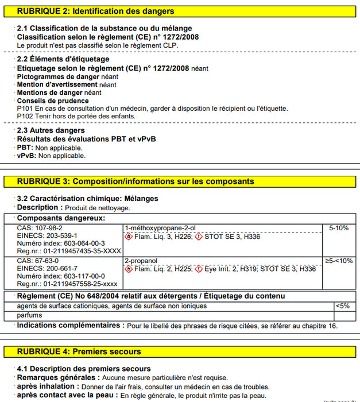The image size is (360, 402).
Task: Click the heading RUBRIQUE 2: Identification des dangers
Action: pyautogui.click(x=95, y=11)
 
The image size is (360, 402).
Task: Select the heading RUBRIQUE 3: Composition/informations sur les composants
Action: pyautogui.click(x=135, y=181)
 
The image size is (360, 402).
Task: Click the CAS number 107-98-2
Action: pyautogui.click(x=40, y=228)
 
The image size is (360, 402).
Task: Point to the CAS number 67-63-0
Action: pyautogui.click(x=37, y=261)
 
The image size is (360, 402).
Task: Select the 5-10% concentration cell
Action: pyautogui.click(x=338, y=228)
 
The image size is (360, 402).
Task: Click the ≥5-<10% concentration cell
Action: pyautogui.click(x=338, y=261)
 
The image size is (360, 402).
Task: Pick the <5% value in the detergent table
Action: pyautogui.click(x=342, y=306)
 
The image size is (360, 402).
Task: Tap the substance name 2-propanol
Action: pyautogui.click(x=141, y=261)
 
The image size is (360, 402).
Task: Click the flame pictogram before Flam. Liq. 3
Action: pyautogui.click(x=129, y=236)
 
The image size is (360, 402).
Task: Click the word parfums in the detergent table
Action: pyautogui.click(x=29, y=315)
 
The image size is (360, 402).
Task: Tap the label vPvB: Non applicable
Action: pyautogui.click(x=51, y=155)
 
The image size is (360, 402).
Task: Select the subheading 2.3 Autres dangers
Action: pyautogui.click(x=51, y=130)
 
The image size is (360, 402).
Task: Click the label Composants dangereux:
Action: pyautogui.click(x=60, y=218)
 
